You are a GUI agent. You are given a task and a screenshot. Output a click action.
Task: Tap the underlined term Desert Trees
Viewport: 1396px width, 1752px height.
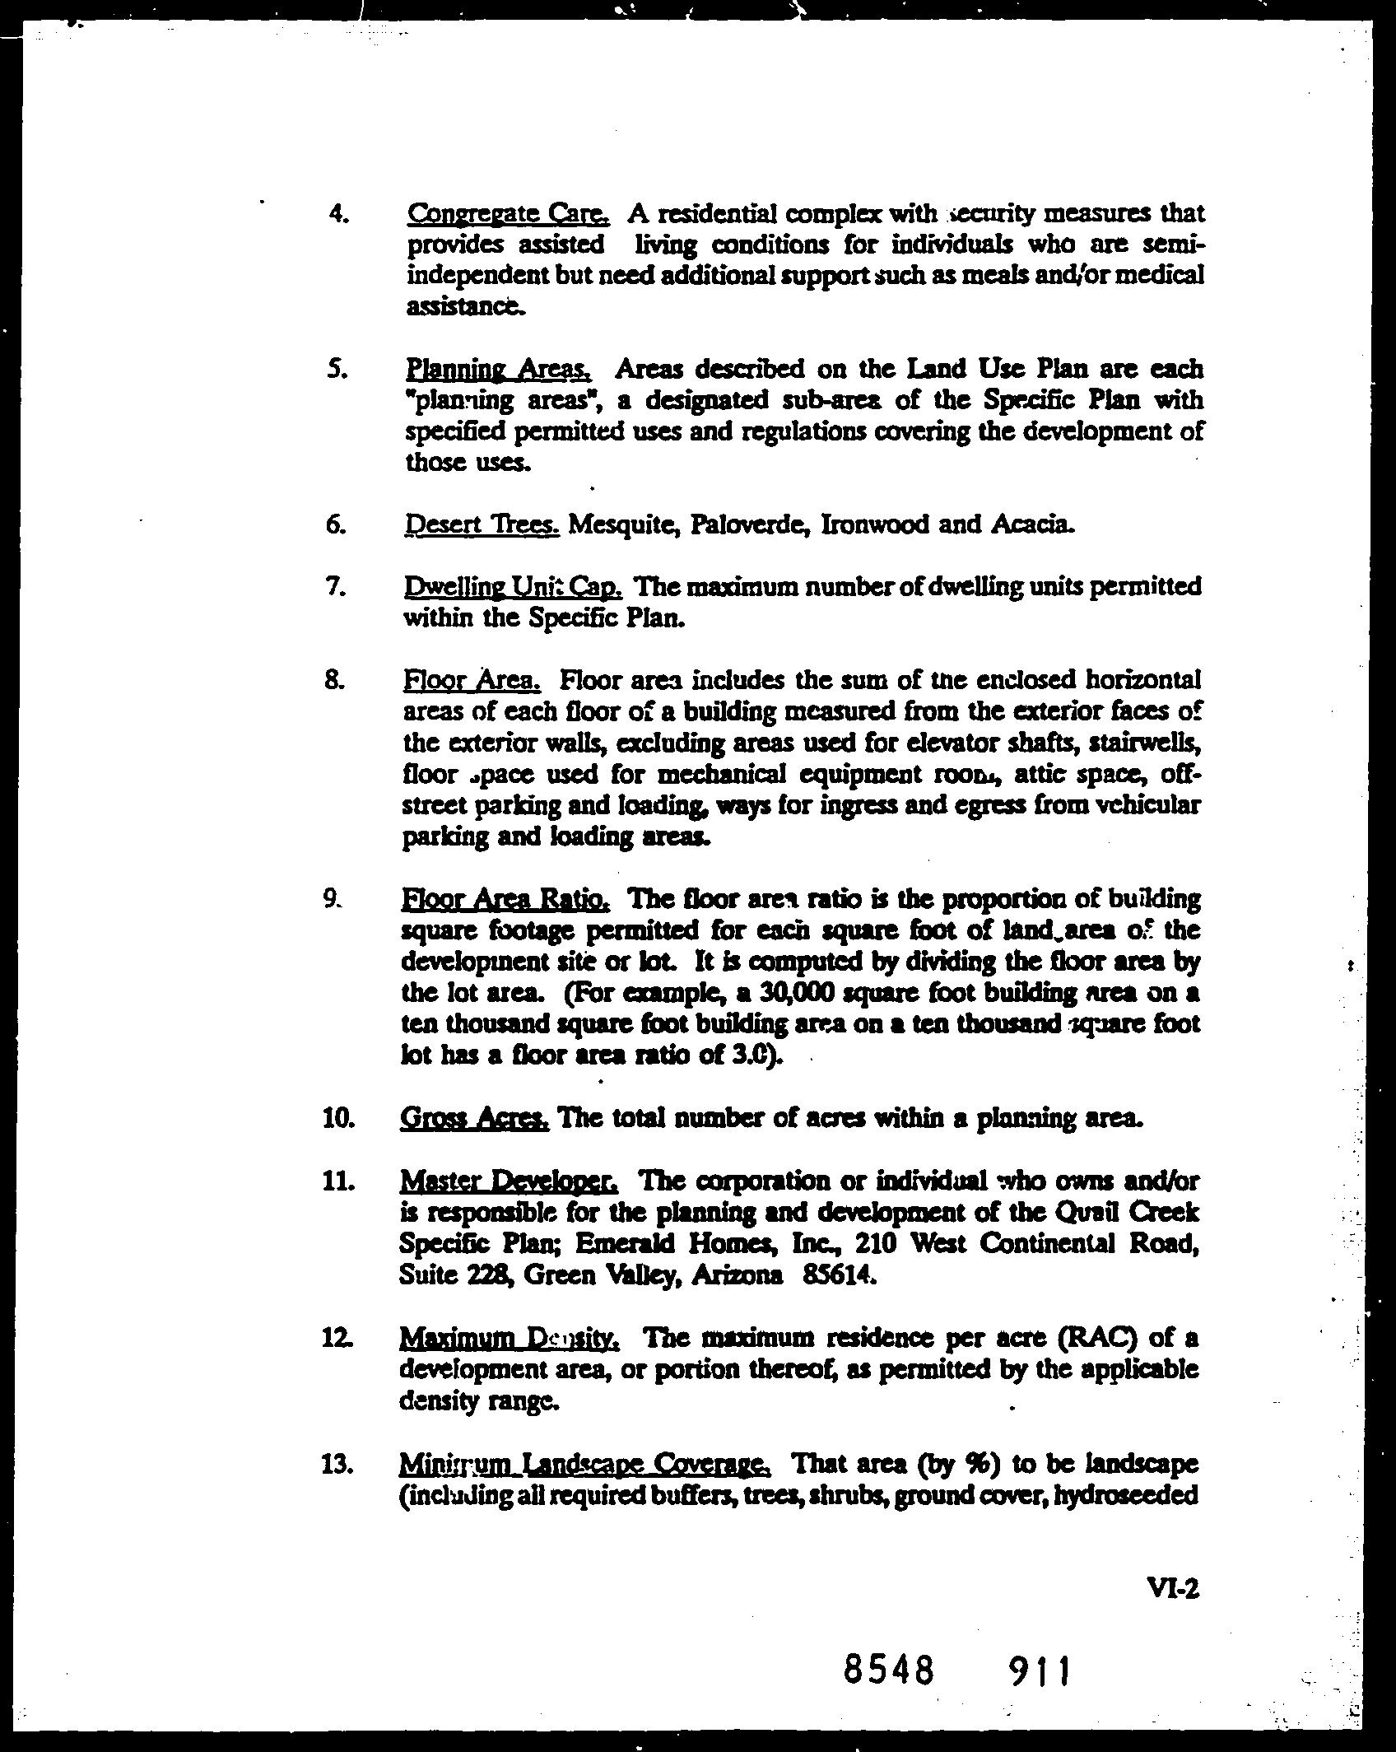pyautogui.click(x=482, y=524)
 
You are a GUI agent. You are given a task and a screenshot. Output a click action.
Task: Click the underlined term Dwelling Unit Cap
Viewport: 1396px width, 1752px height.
pyautogui.click(x=512, y=586)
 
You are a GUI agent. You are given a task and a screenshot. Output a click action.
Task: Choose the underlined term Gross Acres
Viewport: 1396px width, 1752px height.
pyautogui.click(x=474, y=1118)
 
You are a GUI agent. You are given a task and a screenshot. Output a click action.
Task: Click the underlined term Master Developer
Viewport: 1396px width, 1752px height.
pyautogui.click(x=508, y=1181)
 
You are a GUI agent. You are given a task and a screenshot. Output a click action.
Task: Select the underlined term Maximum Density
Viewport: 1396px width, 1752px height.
pyautogui.click(x=509, y=1337)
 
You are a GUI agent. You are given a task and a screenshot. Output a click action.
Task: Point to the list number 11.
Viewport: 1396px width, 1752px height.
pyautogui.click(x=338, y=1181)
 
